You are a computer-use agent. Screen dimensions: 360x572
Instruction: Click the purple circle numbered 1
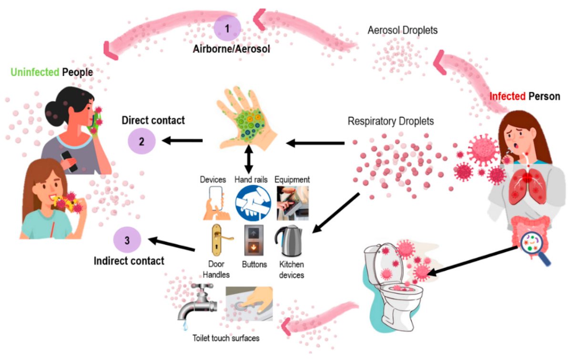tap(227, 28)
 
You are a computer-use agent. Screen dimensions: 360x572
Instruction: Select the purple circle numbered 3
tap(127, 240)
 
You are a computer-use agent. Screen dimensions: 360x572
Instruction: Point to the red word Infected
tap(508, 96)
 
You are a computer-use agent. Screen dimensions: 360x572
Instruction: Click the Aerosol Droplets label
tap(403, 30)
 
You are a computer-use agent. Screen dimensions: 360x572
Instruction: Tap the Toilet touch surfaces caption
tap(226, 338)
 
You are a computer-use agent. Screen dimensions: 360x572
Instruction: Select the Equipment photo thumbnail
tap(292, 203)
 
